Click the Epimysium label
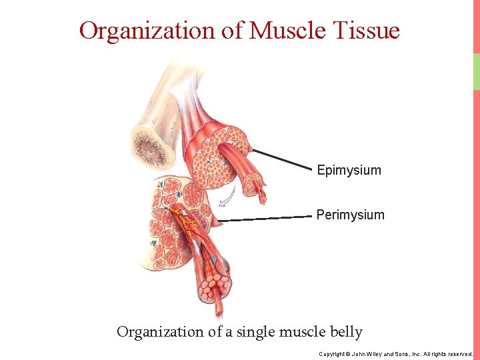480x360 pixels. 349,170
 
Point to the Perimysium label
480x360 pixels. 350,215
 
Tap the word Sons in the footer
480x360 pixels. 407,354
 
